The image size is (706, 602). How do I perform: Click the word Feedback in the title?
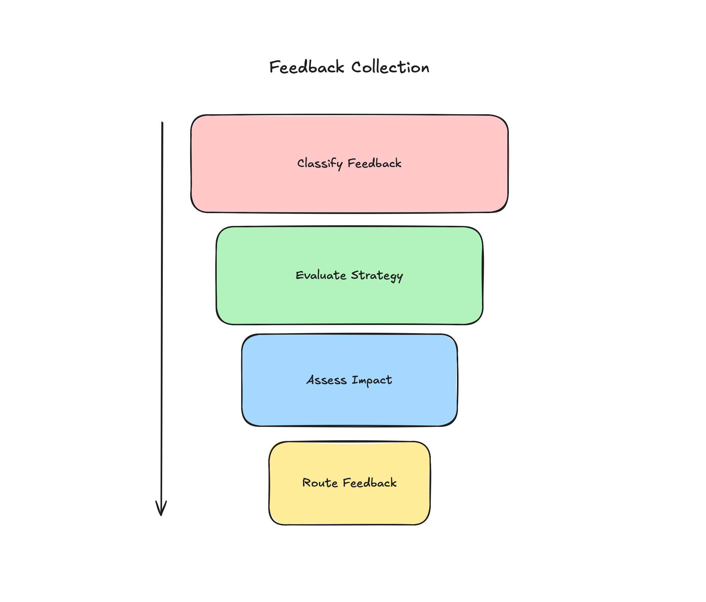click(x=306, y=67)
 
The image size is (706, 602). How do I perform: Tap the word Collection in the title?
click(x=390, y=67)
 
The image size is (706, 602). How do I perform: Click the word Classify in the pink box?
click(x=320, y=163)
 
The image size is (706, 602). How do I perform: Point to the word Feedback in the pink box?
click(x=374, y=163)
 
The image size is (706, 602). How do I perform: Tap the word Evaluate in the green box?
click(x=321, y=275)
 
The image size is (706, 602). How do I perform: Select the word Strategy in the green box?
click(x=377, y=276)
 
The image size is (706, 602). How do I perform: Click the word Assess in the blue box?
click(x=326, y=380)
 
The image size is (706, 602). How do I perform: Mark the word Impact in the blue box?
click(x=372, y=380)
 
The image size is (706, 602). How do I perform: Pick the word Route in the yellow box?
click(x=320, y=483)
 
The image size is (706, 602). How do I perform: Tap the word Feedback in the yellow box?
click(x=370, y=483)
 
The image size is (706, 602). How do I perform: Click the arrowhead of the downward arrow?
click(x=161, y=510)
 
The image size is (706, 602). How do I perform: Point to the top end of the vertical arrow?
click(x=162, y=123)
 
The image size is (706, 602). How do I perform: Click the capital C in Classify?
click(x=301, y=163)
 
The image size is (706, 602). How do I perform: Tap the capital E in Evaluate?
click(x=299, y=275)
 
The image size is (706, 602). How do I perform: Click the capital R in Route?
click(x=306, y=483)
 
